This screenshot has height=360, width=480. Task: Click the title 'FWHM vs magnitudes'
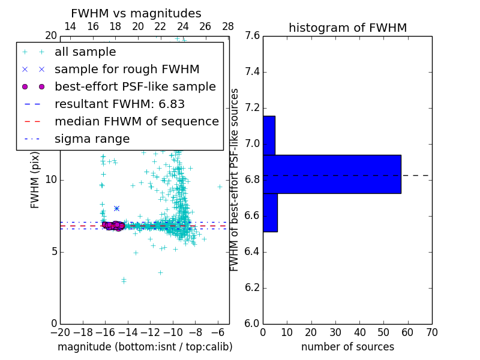tap(136, 13)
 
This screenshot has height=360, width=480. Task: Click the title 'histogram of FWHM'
tap(347, 28)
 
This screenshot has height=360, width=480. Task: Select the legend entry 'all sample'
tap(85, 52)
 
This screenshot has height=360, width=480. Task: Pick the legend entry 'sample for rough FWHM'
tap(127, 70)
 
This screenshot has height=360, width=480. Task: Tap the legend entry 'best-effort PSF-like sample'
tap(135, 86)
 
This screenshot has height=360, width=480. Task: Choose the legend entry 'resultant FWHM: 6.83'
tap(119, 104)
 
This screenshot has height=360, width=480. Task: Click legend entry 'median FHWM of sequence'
tap(136, 121)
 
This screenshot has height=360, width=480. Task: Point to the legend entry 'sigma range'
tap(92, 139)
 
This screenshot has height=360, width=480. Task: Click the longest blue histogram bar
tap(332, 174)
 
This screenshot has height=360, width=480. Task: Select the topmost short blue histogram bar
tap(269, 135)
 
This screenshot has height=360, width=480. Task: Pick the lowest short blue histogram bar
tap(270, 212)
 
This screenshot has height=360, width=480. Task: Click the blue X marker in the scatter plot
tap(116, 208)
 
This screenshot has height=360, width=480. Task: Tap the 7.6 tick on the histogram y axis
tap(252, 36)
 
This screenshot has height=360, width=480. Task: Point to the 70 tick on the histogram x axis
tap(431, 332)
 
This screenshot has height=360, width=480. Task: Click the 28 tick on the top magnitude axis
tap(228, 26)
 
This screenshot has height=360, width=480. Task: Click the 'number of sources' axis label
tap(347, 347)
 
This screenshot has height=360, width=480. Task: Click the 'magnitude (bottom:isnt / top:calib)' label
tap(145, 347)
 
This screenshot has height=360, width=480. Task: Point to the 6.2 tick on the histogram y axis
tap(252, 287)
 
